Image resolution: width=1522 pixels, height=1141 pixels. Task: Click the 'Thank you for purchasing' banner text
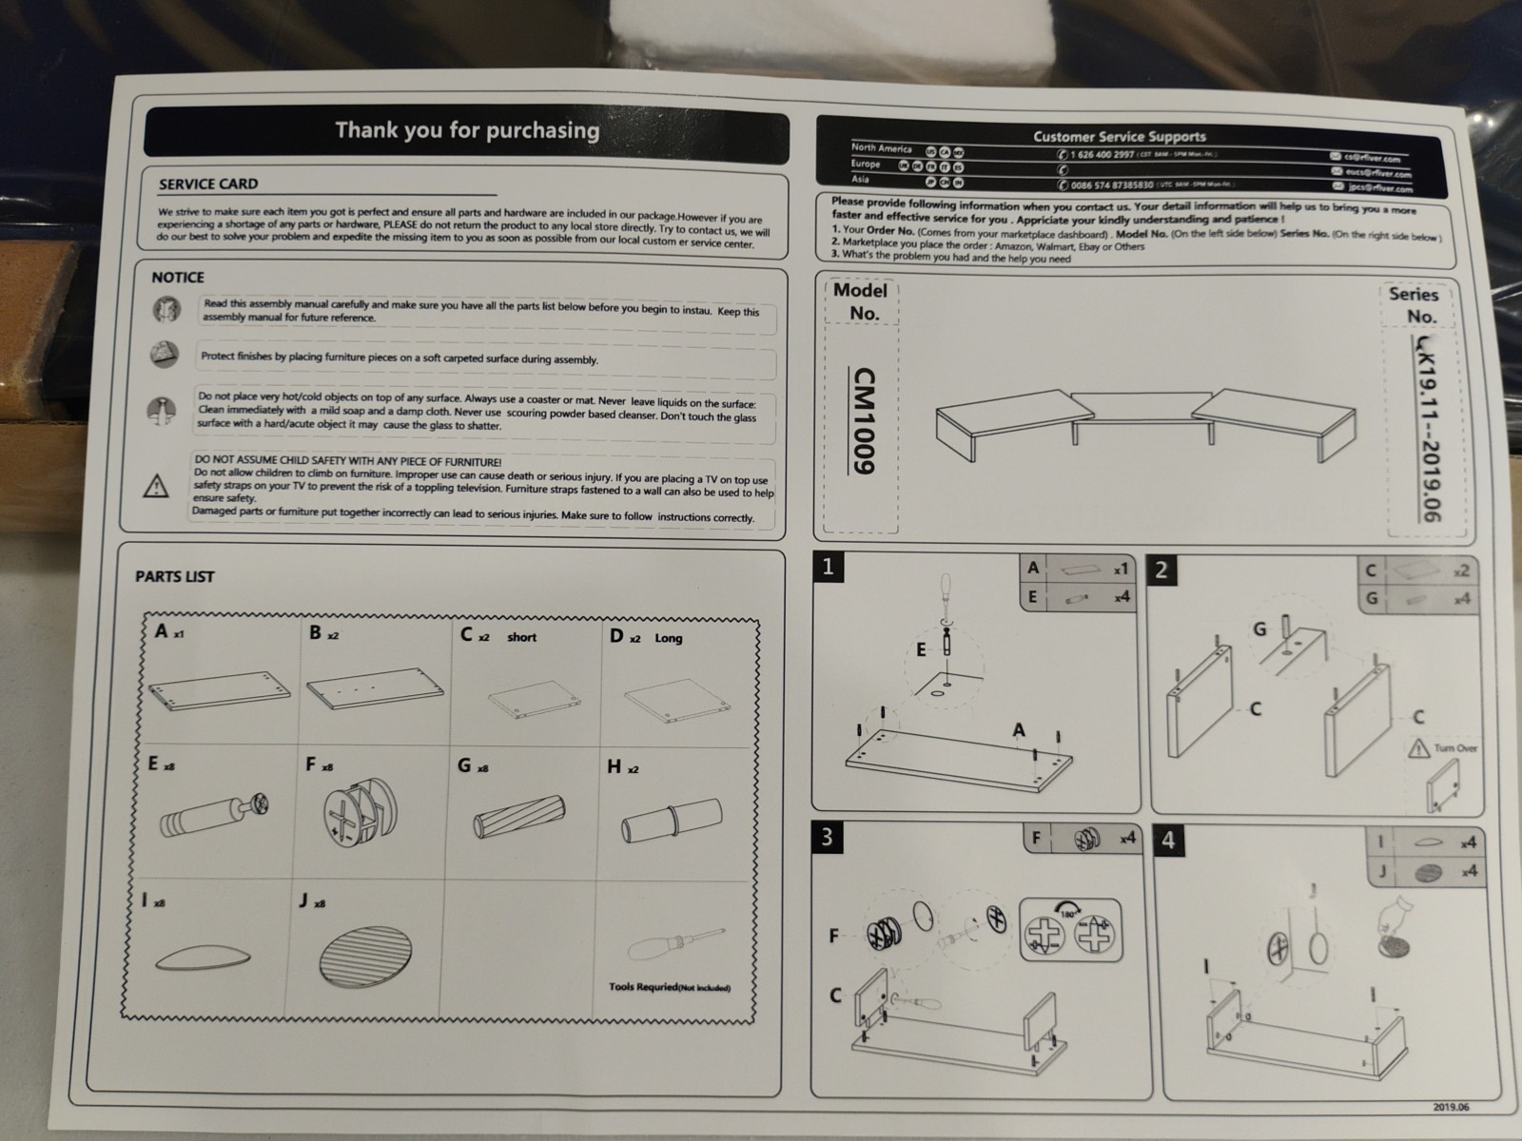tap(467, 130)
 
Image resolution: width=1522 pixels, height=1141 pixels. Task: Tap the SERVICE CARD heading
tap(208, 184)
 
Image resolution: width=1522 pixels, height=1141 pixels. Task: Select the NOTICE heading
tap(178, 278)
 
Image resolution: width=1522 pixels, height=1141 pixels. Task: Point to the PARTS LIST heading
tap(175, 576)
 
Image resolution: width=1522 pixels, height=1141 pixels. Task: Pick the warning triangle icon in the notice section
tap(155, 487)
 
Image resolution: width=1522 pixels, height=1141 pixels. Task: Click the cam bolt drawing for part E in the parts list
tap(214, 812)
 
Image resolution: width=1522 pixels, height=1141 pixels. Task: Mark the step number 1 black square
tap(828, 568)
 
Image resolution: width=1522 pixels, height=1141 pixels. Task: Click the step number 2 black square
tap(1161, 570)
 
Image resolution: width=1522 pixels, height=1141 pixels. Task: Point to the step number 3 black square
tap(827, 837)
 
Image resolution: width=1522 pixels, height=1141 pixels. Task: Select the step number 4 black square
tap(1168, 841)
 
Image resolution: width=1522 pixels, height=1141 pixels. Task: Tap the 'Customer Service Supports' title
tap(1119, 136)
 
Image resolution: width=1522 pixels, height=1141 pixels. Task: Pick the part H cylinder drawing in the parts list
tap(672, 820)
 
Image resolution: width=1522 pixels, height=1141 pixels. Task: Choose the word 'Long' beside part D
tap(668, 638)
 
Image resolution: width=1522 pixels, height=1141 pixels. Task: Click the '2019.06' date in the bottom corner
tap(1451, 1107)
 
